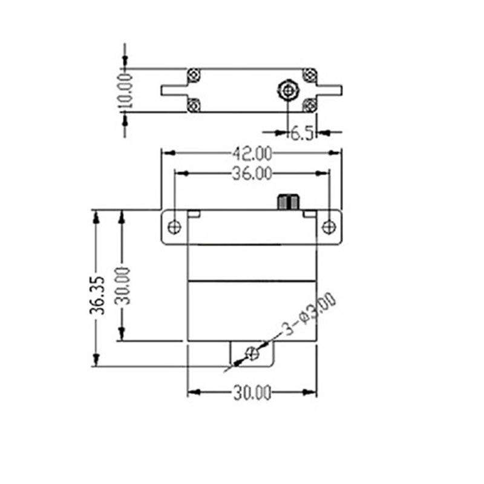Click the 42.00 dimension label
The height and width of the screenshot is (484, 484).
(x=252, y=154)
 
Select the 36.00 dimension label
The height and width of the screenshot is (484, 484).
(x=252, y=174)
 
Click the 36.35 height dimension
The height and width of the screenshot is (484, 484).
(x=97, y=295)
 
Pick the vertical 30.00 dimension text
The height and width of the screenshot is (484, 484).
(x=123, y=286)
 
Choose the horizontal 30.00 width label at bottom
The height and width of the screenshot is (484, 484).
(x=252, y=393)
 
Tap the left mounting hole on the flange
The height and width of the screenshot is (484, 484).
(x=174, y=227)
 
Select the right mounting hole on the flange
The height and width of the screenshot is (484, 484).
(x=329, y=227)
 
